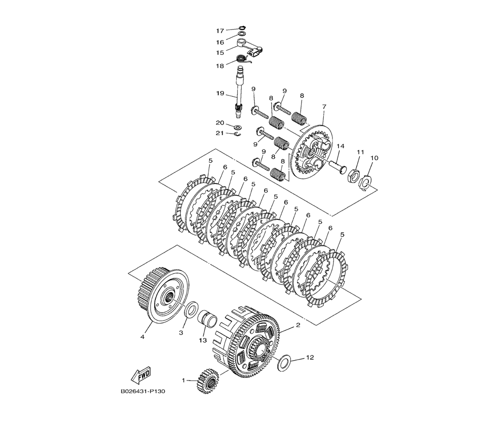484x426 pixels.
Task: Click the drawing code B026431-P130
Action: click(x=143, y=391)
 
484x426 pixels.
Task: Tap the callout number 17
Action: click(x=220, y=31)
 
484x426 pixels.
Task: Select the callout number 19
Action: click(x=220, y=93)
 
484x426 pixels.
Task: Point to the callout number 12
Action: click(x=310, y=357)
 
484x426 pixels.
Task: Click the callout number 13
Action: click(x=202, y=340)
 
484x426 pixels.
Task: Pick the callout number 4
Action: click(x=142, y=337)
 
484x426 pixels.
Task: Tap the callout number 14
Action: click(x=340, y=146)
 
